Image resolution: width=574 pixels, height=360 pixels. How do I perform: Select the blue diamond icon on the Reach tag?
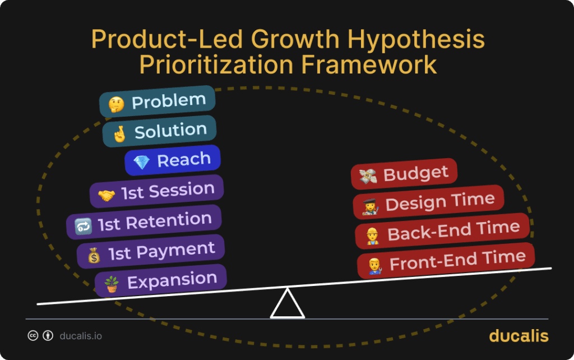(141, 163)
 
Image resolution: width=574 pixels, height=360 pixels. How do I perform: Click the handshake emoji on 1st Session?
(107, 195)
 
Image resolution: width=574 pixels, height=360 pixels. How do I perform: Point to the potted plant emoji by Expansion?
(112, 283)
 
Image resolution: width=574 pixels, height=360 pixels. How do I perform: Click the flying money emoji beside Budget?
(368, 176)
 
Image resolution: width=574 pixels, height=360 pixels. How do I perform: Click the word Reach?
(184, 160)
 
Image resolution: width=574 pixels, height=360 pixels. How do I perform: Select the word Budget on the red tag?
(416, 173)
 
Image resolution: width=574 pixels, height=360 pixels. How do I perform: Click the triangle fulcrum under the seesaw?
(287, 305)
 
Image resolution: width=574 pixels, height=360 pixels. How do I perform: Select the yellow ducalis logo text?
(519, 336)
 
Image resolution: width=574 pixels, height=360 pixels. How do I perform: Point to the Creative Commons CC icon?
(33, 336)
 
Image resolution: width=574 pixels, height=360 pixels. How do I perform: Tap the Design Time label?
(440, 201)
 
